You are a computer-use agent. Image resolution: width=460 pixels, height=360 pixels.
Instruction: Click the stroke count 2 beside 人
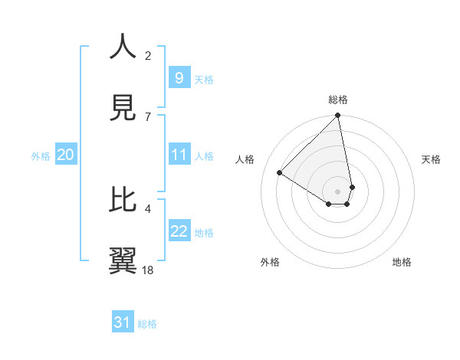149,55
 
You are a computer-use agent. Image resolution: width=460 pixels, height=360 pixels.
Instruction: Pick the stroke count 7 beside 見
149,116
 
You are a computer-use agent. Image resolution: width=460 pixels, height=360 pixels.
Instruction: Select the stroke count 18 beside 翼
149,270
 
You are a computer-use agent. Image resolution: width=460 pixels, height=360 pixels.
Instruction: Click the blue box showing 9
179,77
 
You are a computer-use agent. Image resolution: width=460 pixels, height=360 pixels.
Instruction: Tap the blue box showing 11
179,155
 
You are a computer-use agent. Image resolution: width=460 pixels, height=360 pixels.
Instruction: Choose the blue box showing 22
179,231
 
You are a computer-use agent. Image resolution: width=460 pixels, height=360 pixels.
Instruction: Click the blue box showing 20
65,155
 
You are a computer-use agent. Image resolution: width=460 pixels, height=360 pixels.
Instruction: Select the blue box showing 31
122,322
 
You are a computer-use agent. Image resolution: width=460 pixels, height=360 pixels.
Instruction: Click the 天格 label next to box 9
204,79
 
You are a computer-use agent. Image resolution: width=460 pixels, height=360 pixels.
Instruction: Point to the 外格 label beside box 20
41,156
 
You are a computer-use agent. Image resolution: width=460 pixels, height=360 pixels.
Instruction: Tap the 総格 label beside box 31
147,324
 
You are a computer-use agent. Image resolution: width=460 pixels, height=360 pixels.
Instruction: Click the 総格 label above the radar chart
338,100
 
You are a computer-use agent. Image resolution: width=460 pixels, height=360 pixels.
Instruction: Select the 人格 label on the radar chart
245,159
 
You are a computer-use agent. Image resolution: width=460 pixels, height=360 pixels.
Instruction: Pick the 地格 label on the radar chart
402,262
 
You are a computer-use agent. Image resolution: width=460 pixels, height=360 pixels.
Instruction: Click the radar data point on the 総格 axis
338,116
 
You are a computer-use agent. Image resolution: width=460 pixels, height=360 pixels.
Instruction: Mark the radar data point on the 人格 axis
279,173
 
